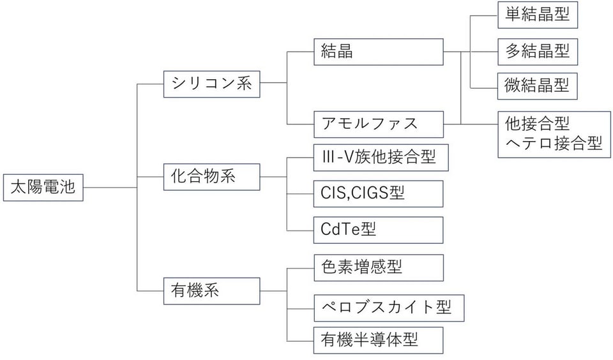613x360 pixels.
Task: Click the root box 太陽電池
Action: click(x=43, y=188)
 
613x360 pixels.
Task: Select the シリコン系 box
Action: click(x=211, y=84)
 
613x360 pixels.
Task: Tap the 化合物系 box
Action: click(x=211, y=177)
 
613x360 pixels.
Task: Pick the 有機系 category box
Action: click(x=211, y=291)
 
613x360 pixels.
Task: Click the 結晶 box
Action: click(x=379, y=52)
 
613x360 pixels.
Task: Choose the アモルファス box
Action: click(x=379, y=124)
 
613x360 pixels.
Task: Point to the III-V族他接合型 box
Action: click(x=381, y=158)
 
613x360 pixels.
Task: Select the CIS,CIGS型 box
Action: click(x=379, y=193)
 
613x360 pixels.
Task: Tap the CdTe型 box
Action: click(x=379, y=230)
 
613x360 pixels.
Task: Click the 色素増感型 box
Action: click(x=379, y=267)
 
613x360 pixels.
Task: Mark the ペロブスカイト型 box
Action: click(x=389, y=308)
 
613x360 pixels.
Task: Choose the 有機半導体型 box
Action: click(x=379, y=340)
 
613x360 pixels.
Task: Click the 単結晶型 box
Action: click(x=538, y=15)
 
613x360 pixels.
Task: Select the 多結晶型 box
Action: click(x=538, y=52)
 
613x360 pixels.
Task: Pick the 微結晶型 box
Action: click(x=538, y=86)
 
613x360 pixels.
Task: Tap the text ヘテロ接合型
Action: click(x=554, y=144)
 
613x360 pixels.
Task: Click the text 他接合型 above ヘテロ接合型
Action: click(x=537, y=124)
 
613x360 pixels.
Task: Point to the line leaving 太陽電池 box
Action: click(x=110, y=188)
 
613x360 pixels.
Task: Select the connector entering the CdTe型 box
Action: click(x=300, y=230)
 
